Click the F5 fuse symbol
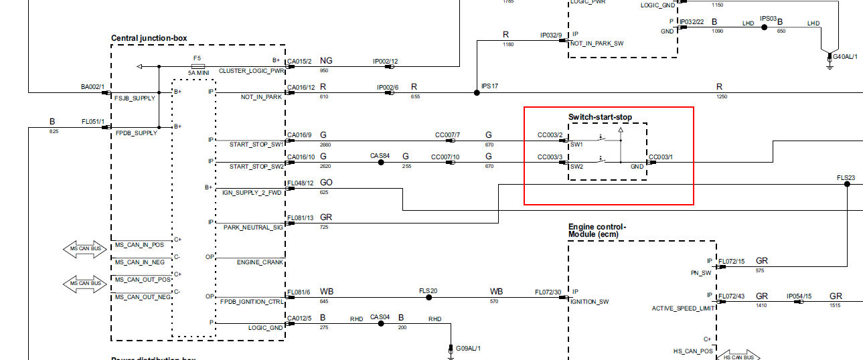[x=198, y=66]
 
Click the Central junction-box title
[x=149, y=38]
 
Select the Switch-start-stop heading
[x=600, y=117]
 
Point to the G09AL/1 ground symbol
[x=451, y=349]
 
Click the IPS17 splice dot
[x=477, y=93]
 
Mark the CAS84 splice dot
[x=381, y=163]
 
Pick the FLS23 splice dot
[x=846, y=184]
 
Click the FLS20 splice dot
[x=428, y=297]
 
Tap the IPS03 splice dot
[x=764, y=28]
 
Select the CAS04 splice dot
[x=381, y=323]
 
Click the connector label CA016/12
[x=300, y=87]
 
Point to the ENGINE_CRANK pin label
[x=260, y=262]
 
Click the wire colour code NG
[x=326, y=61]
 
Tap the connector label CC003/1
[x=660, y=157]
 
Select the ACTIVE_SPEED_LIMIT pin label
[x=682, y=308]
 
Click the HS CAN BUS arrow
[x=740, y=356]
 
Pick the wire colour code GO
[x=326, y=182]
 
